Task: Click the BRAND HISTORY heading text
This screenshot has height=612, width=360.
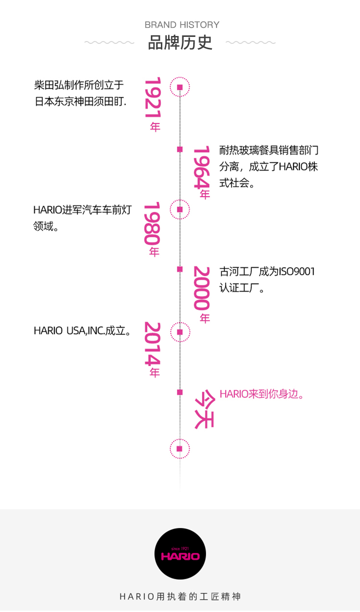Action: pyautogui.click(x=182, y=25)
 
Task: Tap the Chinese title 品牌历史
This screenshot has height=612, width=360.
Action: pyautogui.click(x=180, y=42)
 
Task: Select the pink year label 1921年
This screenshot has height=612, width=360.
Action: pyautogui.click(x=154, y=104)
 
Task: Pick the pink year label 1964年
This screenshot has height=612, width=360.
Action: pyautogui.click(x=201, y=172)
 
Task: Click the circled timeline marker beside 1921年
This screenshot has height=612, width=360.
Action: pyautogui.click(x=180, y=87)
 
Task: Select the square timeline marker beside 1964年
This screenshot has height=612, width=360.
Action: pyautogui.click(x=180, y=149)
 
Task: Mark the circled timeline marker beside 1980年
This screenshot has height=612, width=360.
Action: pyautogui.click(x=180, y=210)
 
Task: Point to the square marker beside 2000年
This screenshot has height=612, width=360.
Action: pyautogui.click(x=180, y=269)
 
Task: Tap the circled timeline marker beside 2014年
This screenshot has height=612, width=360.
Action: pyautogui.click(x=180, y=332)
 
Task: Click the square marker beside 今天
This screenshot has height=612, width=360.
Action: pyautogui.click(x=180, y=392)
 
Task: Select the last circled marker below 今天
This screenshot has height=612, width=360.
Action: pyautogui.click(x=180, y=449)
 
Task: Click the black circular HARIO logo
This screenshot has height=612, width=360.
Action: pyautogui.click(x=180, y=554)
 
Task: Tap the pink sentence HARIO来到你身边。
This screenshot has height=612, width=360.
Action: pyautogui.click(x=262, y=394)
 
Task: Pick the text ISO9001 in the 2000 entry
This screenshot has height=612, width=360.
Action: pyautogui.click(x=297, y=272)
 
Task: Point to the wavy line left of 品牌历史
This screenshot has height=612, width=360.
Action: pyautogui.click(x=109, y=42)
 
